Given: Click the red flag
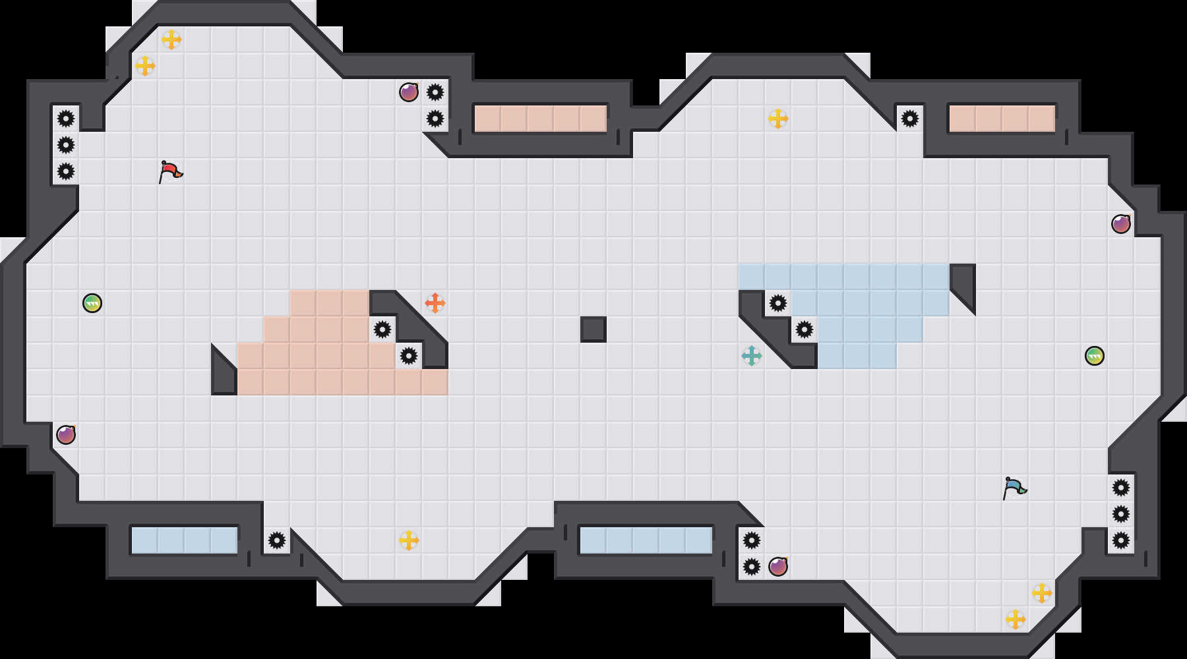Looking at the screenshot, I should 170,171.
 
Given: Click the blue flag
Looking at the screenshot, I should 1014,488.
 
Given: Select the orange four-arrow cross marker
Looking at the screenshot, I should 435,303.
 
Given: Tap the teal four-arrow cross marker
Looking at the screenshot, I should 752,356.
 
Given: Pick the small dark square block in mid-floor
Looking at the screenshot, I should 593,329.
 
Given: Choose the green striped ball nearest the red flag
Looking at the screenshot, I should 92,303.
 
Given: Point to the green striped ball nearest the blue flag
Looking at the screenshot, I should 1095,356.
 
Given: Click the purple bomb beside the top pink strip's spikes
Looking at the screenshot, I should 409,92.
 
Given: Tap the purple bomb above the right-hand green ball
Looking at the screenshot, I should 1121,224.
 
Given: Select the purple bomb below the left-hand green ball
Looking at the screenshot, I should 66,435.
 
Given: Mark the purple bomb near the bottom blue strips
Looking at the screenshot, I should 778,567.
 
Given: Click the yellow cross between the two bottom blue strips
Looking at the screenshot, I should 409,540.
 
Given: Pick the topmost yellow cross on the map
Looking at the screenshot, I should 171,40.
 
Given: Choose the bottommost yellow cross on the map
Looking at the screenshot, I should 1016,619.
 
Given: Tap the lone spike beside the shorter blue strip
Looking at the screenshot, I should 277,540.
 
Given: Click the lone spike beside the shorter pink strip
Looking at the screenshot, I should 910,119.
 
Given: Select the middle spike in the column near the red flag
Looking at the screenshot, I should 66,145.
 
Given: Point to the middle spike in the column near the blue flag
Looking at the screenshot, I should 1121,514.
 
